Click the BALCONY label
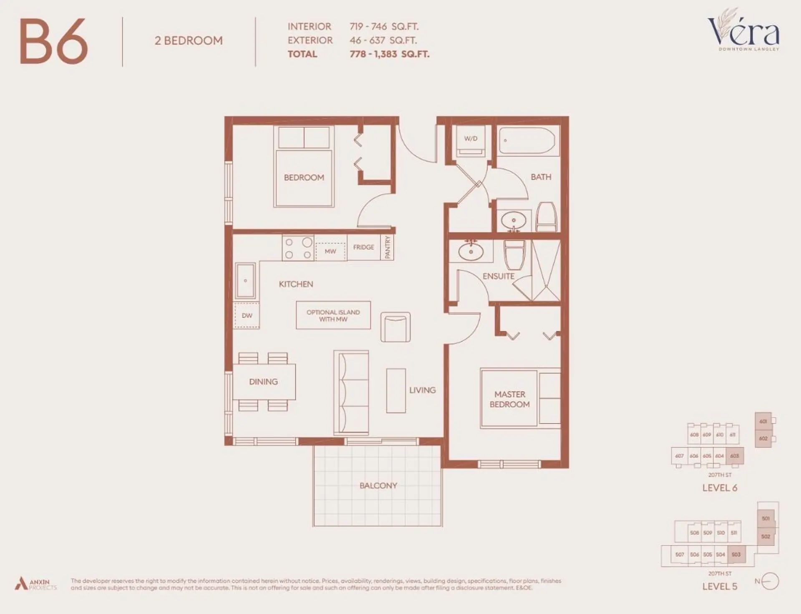click(x=378, y=486)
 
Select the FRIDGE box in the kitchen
click(x=363, y=247)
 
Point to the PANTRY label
click(x=388, y=247)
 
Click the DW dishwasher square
click(x=247, y=316)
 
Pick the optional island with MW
click(x=333, y=316)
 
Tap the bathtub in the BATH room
click(x=526, y=141)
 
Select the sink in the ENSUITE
click(x=471, y=252)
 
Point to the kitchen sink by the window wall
click(x=245, y=281)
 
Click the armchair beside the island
click(x=395, y=327)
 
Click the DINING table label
click(x=263, y=382)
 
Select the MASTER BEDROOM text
click(x=509, y=399)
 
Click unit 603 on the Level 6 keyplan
click(x=735, y=456)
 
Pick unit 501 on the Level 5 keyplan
click(x=766, y=518)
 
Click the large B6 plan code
click(x=54, y=42)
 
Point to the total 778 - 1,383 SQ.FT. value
click(x=389, y=54)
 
